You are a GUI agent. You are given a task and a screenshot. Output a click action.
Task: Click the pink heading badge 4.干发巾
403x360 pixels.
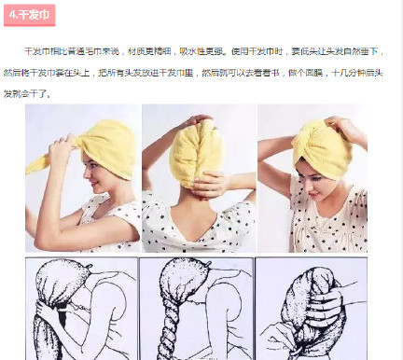[33, 16]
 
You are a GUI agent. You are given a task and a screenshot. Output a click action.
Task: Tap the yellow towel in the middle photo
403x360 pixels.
[195, 154]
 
